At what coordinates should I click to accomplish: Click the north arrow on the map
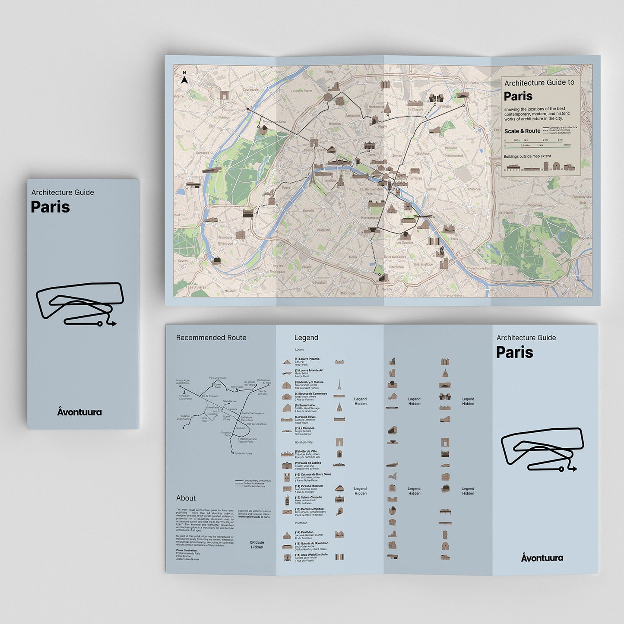(184, 79)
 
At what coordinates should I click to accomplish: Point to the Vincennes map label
(535, 205)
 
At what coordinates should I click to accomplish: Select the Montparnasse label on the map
(371, 218)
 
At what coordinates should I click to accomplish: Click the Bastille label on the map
(431, 189)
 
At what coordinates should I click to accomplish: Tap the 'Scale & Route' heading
(522, 131)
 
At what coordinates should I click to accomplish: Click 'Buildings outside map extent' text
(527, 156)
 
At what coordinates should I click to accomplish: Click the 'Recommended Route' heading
(211, 338)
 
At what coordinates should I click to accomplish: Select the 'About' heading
(186, 498)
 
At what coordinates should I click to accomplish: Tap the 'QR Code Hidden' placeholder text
(257, 545)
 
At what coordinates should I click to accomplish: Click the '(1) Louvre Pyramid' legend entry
(307, 359)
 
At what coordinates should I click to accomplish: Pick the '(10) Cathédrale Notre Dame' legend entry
(313, 474)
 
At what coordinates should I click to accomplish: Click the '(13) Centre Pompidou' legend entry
(309, 509)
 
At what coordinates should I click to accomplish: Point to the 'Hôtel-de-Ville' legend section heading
(304, 442)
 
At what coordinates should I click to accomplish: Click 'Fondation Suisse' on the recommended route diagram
(244, 453)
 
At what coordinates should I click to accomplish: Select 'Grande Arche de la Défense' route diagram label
(183, 382)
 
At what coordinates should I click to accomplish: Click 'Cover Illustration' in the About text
(186, 551)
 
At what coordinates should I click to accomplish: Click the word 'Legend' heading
(306, 338)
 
